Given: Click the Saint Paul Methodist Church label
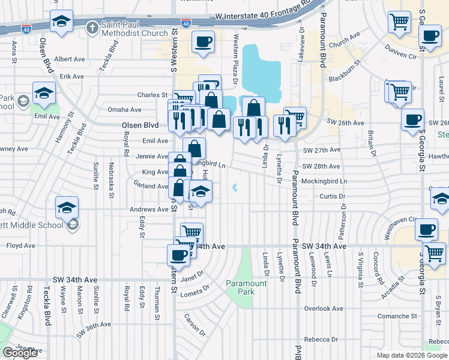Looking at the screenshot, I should tap(134, 28).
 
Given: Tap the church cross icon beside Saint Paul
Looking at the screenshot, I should tap(92, 28).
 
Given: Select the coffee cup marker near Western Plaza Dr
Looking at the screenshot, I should tap(203, 42).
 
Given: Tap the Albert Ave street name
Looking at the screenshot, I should tap(70, 59).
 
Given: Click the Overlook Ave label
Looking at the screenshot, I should tap(324, 308).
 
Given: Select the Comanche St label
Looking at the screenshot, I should tap(397, 316).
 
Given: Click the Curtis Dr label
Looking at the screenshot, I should tap(333, 196).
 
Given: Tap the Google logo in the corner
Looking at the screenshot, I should tap(20, 353).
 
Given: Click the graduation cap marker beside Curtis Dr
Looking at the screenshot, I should tap(201, 191).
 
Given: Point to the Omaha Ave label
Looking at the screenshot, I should tap(124, 110).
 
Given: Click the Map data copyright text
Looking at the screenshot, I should tap(412, 355).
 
